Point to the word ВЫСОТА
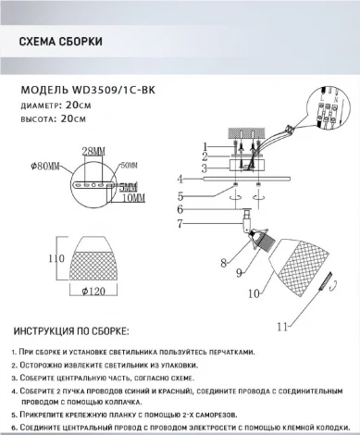tap(39, 119)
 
